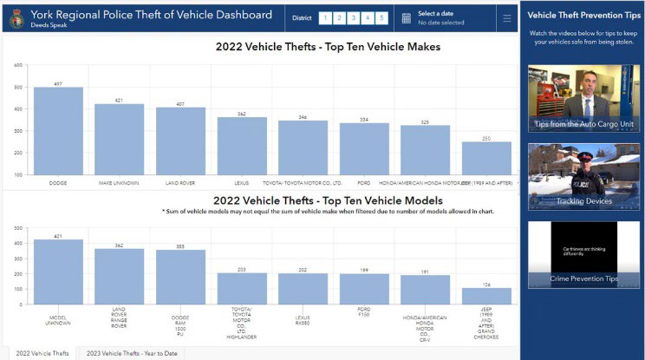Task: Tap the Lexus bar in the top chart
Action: (x=242, y=145)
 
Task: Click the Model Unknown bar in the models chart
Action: (x=58, y=272)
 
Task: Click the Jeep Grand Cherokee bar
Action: (x=486, y=296)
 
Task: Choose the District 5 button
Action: (x=381, y=17)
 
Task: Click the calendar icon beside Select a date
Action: (x=406, y=17)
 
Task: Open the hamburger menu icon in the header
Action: (x=506, y=17)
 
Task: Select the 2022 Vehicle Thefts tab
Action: (x=42, y=353)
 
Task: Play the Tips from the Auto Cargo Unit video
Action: (x=572, y=97)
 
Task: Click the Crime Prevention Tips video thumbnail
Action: (x=572, y=254)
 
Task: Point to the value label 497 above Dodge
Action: (x=58, y=83)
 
